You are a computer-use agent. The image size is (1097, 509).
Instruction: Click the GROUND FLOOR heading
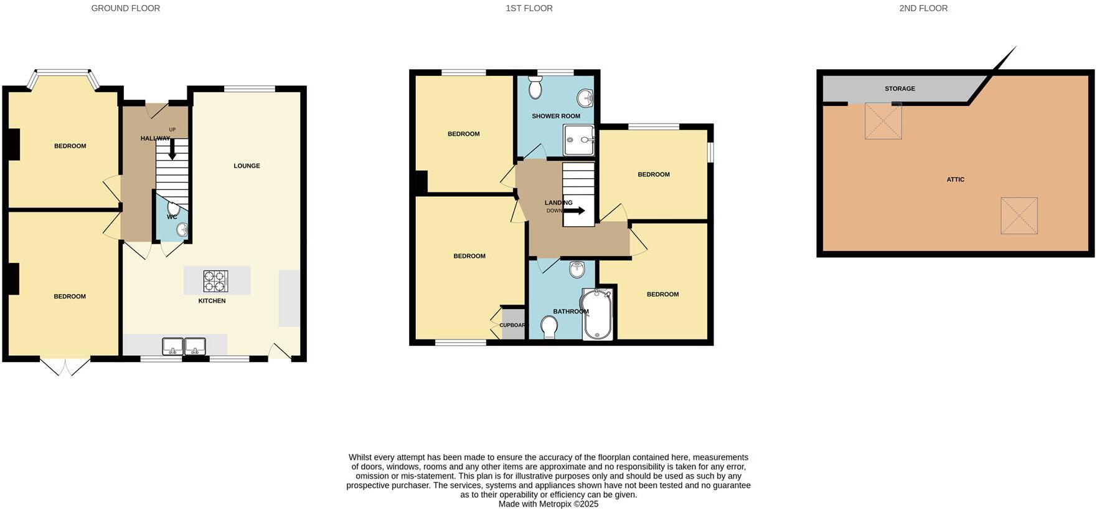(x=125, y=8)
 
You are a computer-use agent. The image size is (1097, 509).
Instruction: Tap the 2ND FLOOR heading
(x=923, y=8)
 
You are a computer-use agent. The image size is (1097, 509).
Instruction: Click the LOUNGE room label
(x=247, y=166)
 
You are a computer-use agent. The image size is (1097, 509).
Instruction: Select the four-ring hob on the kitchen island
(x=216, y=281)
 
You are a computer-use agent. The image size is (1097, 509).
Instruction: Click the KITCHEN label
(x=212, y=301)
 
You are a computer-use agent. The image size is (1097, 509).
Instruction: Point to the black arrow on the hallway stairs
(x=172, y=150)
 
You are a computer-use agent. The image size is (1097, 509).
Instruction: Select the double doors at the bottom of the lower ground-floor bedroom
(x=65, y=366)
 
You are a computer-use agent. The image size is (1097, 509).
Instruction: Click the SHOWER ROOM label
(x=555, y=116)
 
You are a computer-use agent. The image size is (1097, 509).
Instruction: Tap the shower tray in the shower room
(x=579, y=140)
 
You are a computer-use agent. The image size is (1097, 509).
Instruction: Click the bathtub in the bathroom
(x=598, y=314)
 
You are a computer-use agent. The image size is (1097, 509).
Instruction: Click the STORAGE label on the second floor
(x=900, y=88)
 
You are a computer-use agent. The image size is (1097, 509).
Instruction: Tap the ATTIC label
(x=955, y=179)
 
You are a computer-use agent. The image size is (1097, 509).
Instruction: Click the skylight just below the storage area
(x=883, y=121)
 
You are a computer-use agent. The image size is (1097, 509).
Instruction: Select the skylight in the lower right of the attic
(x=1019, y=216)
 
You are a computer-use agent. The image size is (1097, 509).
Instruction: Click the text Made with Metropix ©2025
(x=548, y=504)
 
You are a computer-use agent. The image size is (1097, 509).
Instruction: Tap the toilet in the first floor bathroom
(x=549, y=326)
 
